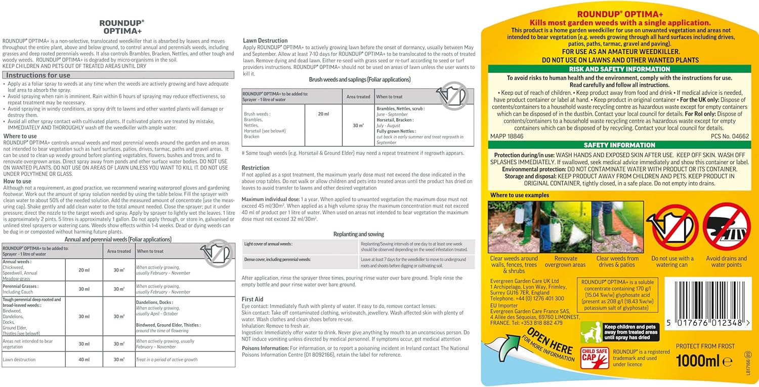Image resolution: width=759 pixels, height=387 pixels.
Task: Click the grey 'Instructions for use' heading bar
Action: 118,75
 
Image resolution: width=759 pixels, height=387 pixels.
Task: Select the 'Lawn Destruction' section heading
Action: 265,41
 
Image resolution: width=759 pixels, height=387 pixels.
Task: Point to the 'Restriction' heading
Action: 256,168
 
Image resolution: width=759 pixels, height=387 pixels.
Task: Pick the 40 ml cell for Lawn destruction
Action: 83,360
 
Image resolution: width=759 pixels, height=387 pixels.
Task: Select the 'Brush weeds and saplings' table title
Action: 359,80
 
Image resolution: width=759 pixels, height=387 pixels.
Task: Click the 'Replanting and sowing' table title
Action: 358,234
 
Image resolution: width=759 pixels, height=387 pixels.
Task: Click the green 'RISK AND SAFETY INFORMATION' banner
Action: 619,69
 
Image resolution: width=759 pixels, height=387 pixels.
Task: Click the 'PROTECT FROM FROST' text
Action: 705,346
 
